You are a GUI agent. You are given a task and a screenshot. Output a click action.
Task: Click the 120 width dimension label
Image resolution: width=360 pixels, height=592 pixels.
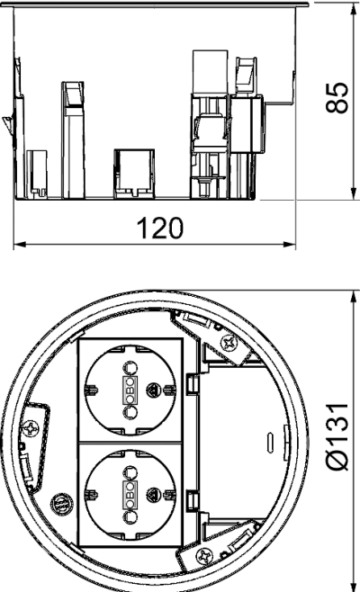(x=160, y=228)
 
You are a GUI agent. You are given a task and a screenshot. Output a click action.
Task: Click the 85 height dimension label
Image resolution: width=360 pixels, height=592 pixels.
(x=337, y=96)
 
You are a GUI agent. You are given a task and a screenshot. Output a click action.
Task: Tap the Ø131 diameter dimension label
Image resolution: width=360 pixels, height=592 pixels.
(x=337, y=437)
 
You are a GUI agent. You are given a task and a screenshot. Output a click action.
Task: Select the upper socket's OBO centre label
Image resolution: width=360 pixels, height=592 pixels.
(x=130, y=390)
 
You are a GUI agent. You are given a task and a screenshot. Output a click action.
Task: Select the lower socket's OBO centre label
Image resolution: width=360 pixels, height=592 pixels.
(x=130, y=495)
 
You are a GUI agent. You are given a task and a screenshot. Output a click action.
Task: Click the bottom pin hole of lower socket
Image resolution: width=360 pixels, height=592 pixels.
(x=130, y=517)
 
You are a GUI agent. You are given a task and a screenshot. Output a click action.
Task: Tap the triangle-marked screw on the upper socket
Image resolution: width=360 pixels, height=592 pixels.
(x=153, y=389)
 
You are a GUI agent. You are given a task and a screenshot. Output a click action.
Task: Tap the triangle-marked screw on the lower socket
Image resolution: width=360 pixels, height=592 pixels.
(x=153, y=494)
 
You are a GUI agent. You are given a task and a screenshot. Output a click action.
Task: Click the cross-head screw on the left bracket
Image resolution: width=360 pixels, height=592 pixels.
(x=31, y=428)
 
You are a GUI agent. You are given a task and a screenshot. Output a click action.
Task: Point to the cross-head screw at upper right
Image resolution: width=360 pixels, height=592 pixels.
(x=229, y=343)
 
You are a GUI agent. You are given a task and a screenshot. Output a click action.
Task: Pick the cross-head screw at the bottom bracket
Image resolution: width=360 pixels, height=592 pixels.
(x=204, y=555)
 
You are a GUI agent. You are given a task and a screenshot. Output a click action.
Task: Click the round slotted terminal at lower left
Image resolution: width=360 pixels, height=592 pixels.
(x=62, y=503)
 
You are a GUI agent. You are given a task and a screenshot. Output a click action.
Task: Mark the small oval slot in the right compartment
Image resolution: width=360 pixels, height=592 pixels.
(x=269, y=442)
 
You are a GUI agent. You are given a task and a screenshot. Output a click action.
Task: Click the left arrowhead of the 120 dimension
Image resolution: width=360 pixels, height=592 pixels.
(x=20, y=245)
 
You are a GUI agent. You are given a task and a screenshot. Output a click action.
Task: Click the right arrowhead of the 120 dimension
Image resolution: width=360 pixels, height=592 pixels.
(x=289, y=245)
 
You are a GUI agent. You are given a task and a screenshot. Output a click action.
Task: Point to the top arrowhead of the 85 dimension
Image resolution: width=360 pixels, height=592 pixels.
(x=354, y=9)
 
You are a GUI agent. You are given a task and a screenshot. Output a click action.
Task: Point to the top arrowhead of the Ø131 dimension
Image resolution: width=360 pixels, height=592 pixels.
(x=354, y=297)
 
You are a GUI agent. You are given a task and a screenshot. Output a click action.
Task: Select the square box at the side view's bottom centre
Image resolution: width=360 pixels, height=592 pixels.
(x=134, y=174)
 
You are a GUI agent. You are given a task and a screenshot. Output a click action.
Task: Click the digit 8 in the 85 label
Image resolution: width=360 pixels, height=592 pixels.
(x=337, y=105)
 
